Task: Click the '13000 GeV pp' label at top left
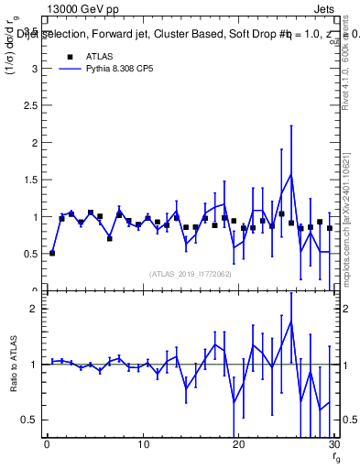[x=77, y=7]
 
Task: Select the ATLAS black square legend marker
[x=70, y=57]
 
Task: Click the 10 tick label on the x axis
[x=143, y=445]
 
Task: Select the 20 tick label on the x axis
[x=238, y=445]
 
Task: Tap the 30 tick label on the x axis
[x=333, y=445]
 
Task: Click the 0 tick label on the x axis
[x=47, y=445]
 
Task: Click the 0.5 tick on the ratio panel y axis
[x=29, y=420]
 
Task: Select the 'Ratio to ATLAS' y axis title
[x=12, y=364]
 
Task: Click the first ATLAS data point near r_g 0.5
[x=52, y=253]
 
